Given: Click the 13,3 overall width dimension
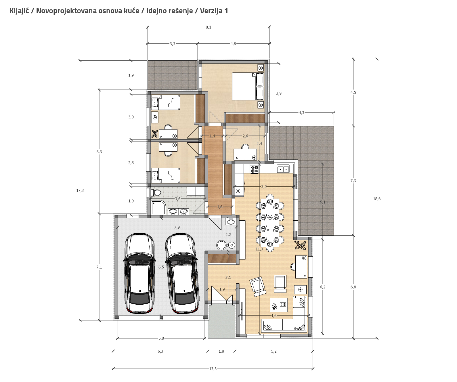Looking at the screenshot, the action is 213,369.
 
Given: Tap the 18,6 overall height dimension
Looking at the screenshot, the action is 377,199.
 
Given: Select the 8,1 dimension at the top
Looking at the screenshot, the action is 208,27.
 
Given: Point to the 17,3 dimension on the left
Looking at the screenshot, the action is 80,190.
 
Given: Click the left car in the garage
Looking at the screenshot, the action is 139,273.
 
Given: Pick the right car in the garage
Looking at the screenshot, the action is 182,273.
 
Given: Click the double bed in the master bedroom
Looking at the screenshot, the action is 248,86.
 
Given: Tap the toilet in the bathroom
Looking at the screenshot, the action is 156,193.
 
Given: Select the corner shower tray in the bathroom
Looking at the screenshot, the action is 158,207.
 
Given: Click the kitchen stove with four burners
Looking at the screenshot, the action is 254,169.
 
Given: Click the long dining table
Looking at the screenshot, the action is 270,223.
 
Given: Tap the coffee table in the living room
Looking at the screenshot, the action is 279,305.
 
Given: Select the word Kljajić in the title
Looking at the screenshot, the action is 19,11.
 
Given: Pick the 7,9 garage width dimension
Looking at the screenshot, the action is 177,227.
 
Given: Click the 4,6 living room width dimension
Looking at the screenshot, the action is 274,316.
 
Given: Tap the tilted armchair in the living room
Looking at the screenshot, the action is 258,286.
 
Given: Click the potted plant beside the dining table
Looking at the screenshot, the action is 300,245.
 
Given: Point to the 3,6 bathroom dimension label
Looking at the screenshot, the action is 177,199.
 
